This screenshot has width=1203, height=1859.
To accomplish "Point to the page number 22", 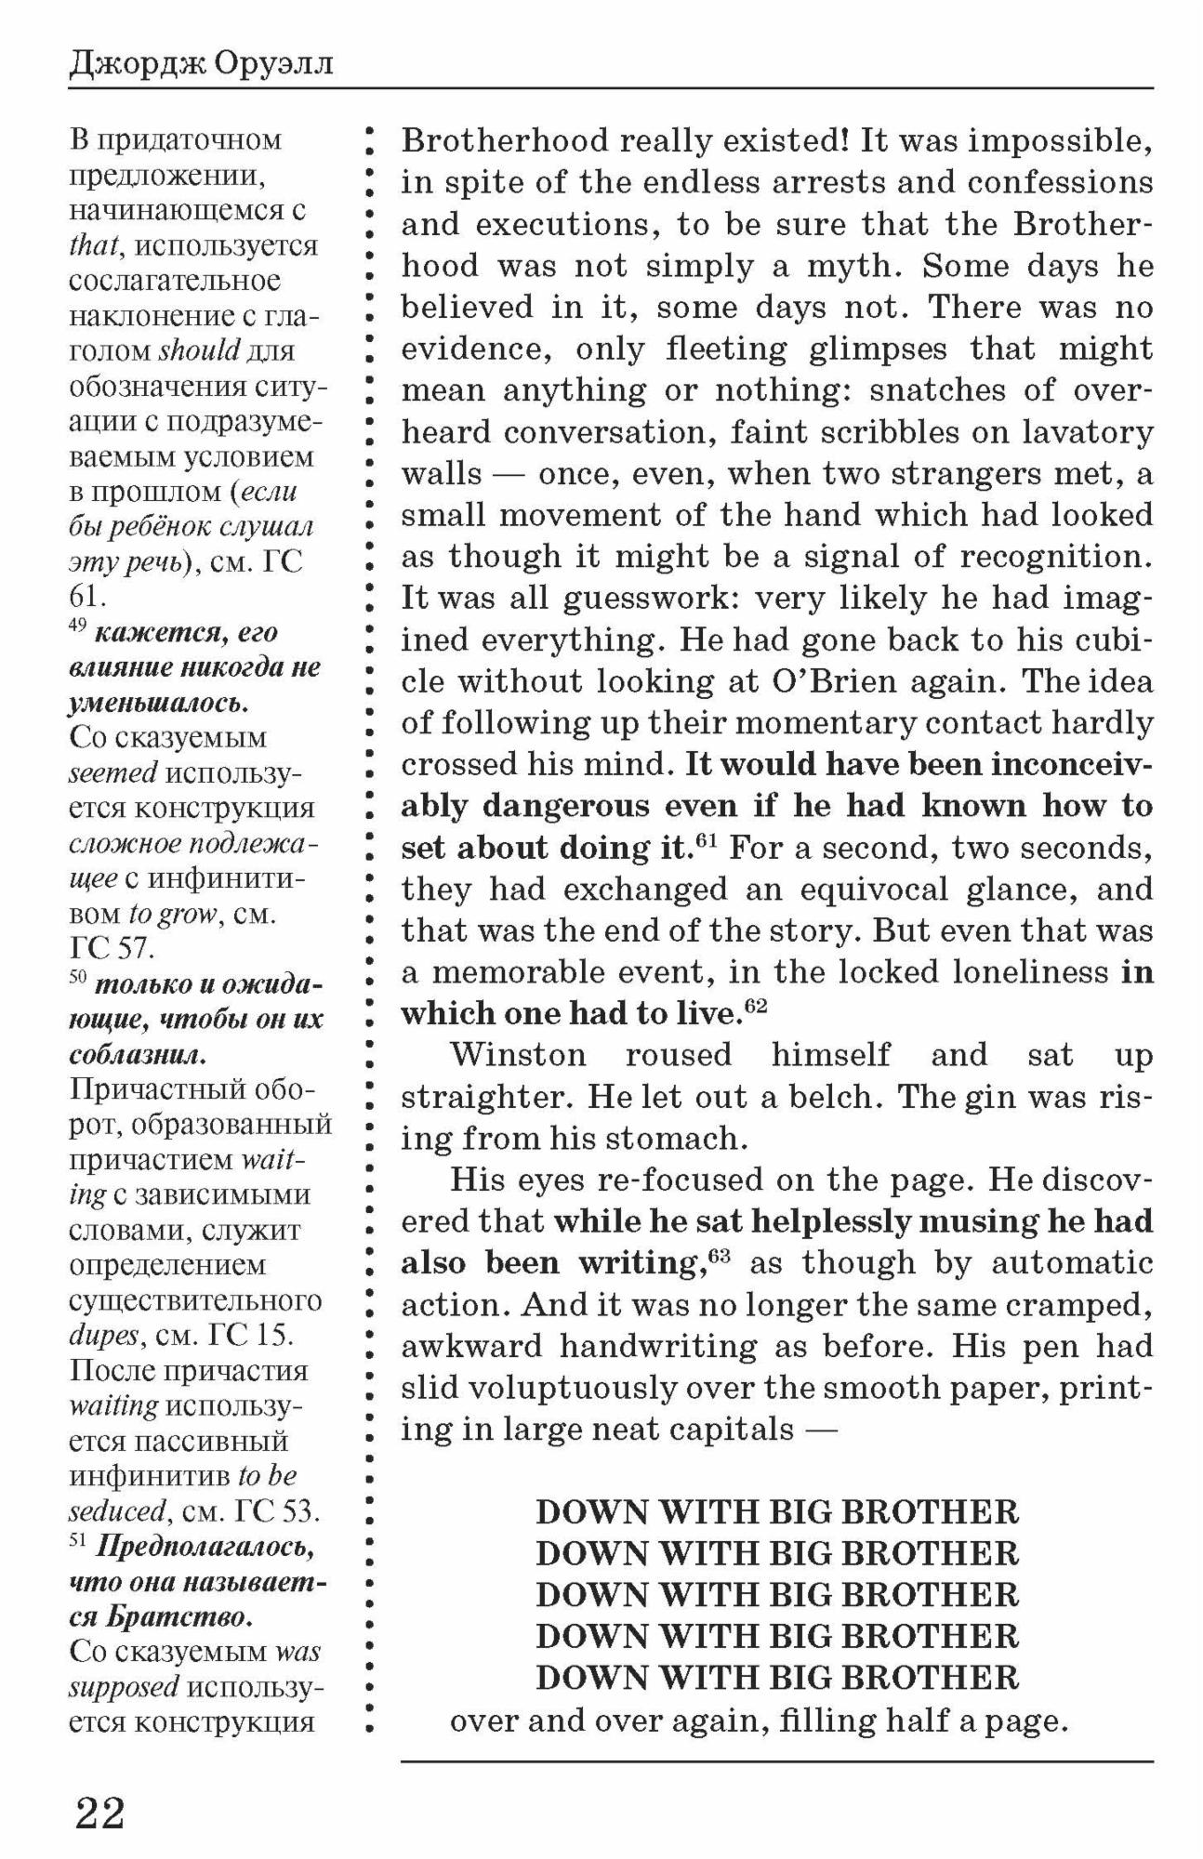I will pyautogui.click(x=99, y=1812).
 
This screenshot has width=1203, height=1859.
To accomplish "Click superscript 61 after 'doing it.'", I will pyautogui.click(x=708, y=840).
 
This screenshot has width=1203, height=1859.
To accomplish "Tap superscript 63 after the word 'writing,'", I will pyautogui.click(x=720, y=1255).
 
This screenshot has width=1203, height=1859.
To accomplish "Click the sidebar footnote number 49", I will pyautogui.click(x=78, y=626).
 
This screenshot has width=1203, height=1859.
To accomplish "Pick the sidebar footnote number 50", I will pyautogui.click(x=78, y=979).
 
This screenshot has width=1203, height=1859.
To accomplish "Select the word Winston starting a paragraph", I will pyautogui.click(x=518, y=1055).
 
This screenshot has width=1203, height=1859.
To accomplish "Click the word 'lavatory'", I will pyautogui.click(x=1088, y=432).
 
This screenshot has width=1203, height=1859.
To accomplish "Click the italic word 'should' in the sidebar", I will pyautogui.click(x=200, y=351).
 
